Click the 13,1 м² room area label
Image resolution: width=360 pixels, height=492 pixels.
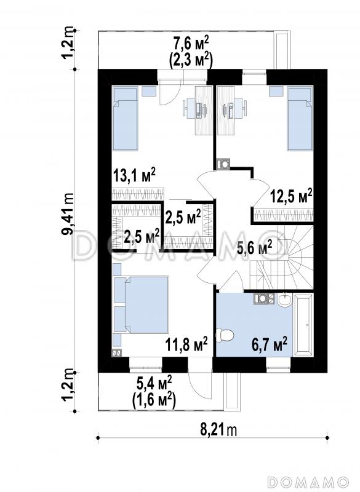[134, 175]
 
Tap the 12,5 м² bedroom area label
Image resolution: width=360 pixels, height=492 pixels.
[291, 196]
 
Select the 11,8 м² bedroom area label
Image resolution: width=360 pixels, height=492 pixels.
[186, 344]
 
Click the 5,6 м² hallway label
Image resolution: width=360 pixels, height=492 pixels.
[254, 248]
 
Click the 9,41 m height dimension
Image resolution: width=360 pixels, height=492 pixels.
[68, 213]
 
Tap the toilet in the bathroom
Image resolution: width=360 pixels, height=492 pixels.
[225, 335]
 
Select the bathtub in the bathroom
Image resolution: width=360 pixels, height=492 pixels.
[303, 325]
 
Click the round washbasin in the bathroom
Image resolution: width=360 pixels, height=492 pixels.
[284, 300]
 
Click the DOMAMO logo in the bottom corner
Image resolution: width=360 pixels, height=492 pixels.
[309, 482]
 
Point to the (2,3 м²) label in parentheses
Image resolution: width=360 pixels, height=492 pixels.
[191, 60]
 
